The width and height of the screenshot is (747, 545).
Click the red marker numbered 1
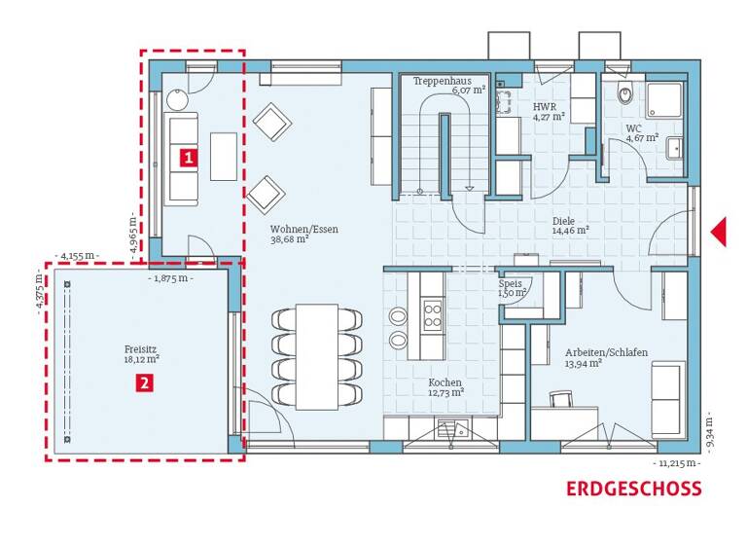coord(187,155)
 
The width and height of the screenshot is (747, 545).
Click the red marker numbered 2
coord(144,383)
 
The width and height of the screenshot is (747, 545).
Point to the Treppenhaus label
coord(442,82)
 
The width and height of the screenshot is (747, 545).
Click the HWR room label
coord(544,106)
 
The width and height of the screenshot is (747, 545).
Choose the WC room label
coord(633,127)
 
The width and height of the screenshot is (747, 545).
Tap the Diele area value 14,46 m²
coord(571,232)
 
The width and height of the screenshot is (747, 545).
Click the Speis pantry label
coord(511,283)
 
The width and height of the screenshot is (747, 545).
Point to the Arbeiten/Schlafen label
coord(606,352)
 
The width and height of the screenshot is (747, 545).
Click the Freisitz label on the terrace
coord(141,346)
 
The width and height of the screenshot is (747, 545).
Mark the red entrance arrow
coord(719,232)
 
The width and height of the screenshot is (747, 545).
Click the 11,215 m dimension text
coord(677,463)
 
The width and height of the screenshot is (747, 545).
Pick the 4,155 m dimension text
coord(79,256)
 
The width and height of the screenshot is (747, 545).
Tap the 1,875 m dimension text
coord(172,277)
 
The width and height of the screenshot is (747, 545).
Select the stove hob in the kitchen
coord(431,315)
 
